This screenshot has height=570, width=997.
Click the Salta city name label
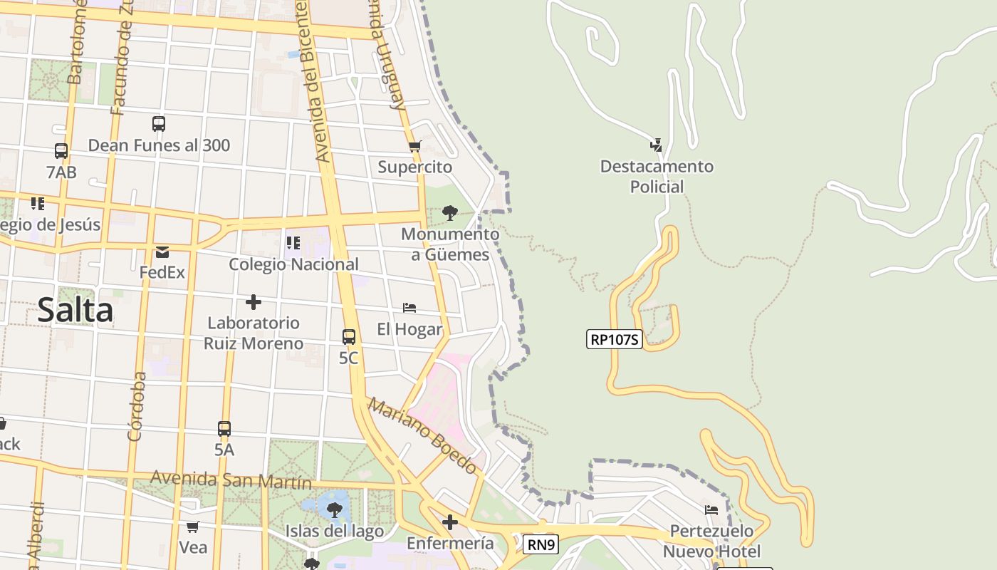point(75,311)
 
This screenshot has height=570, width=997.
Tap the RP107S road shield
point(615,339)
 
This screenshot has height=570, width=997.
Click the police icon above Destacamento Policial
point(656,145)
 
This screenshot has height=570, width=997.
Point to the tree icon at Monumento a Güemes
point(449,212)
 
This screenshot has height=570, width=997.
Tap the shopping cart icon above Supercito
point(414,147)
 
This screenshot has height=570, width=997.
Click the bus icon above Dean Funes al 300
point(159,124)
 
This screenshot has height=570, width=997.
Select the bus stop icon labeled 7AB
point(61,151)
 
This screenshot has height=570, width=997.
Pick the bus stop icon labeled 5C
point(349,337)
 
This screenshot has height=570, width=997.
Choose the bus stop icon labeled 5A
point(224,429)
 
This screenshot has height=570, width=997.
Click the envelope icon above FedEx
point(162,252)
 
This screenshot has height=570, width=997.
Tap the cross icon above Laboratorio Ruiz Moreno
point(254,302)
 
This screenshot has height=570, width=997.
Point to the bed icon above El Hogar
point(409,308)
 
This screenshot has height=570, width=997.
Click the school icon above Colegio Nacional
point(293,243)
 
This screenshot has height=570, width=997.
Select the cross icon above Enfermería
point(450,523)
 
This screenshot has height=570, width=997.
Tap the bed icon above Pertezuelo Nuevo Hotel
point(711,510)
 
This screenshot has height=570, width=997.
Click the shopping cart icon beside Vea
point(192,527)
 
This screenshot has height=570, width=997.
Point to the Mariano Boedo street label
point(422,436)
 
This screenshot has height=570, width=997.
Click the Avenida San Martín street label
point(231,480)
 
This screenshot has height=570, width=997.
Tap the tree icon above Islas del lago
point(334,510)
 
